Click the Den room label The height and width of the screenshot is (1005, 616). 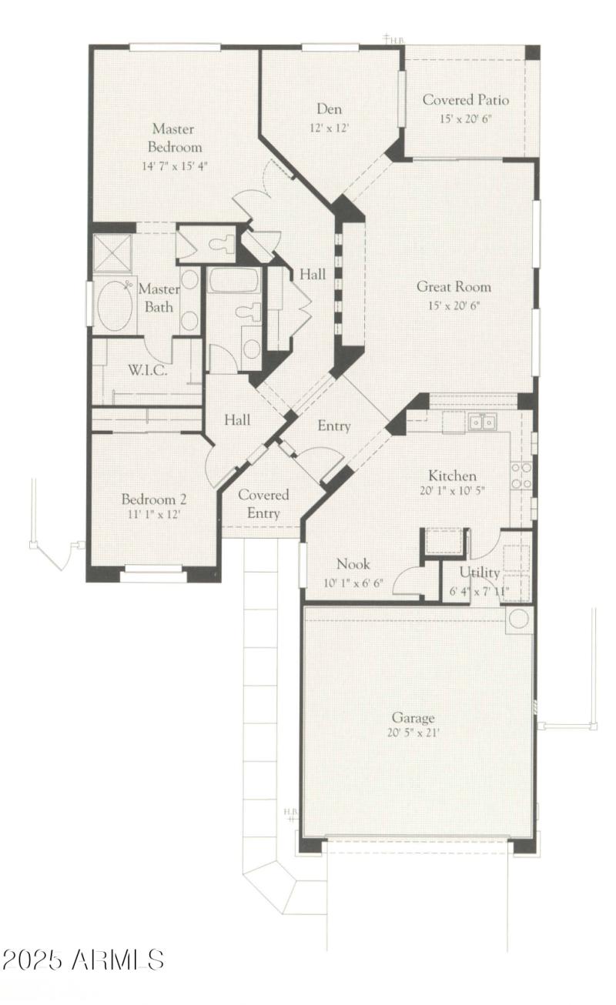(329, 109)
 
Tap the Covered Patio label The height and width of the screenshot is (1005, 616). (465, 100)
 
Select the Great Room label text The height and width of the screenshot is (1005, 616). (454, 287)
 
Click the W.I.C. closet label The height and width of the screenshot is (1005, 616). (148, 369)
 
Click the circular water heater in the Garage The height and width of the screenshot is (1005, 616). (519, 619)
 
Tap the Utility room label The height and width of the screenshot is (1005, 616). (480, 573)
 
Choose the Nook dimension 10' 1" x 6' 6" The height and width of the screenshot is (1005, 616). (354, 583)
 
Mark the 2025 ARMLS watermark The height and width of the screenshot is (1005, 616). (83, 960)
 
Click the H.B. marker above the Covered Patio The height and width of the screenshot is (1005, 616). (395, 38)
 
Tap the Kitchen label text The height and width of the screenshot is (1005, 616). (452, 476)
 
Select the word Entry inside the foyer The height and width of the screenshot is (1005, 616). (334, 426)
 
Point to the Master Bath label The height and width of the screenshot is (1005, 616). (159, 298)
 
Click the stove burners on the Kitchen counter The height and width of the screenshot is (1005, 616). (521, 475)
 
